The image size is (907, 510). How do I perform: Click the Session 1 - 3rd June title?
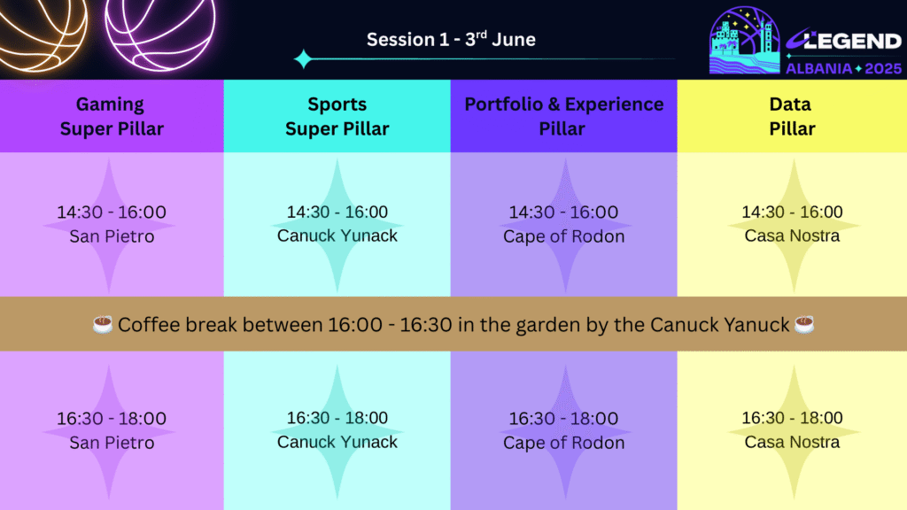tap(451, 39)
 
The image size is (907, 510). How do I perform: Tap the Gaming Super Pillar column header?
tap(112, 116)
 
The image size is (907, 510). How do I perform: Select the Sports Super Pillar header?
tap(337, 116)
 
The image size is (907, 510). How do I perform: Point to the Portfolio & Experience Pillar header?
tap(564, 116)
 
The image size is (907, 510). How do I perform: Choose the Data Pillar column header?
tap(792, 116)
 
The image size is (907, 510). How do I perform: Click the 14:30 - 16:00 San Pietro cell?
tap(112, 224)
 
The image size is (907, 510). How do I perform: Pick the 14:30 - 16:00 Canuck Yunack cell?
tap(337, 224)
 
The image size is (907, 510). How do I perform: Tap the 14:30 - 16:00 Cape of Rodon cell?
tap(564, 224)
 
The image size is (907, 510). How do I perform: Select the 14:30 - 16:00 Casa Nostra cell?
tap(792, 224)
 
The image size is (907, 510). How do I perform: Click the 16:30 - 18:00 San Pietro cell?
tap(112, 431)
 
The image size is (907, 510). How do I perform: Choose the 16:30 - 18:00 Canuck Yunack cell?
tap(337, 431)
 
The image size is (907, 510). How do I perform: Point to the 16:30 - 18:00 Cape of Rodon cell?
tap(564, 431)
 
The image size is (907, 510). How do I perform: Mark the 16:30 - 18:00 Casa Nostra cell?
tap(792, 431)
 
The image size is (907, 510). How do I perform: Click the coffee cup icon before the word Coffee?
tap(103, 324)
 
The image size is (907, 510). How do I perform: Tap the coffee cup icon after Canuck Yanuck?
tap(804, 324)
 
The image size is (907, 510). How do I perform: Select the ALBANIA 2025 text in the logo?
tap(844, 68)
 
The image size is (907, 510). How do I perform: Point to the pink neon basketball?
tap(160, 29)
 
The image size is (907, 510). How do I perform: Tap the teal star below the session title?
tap(303, 59)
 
